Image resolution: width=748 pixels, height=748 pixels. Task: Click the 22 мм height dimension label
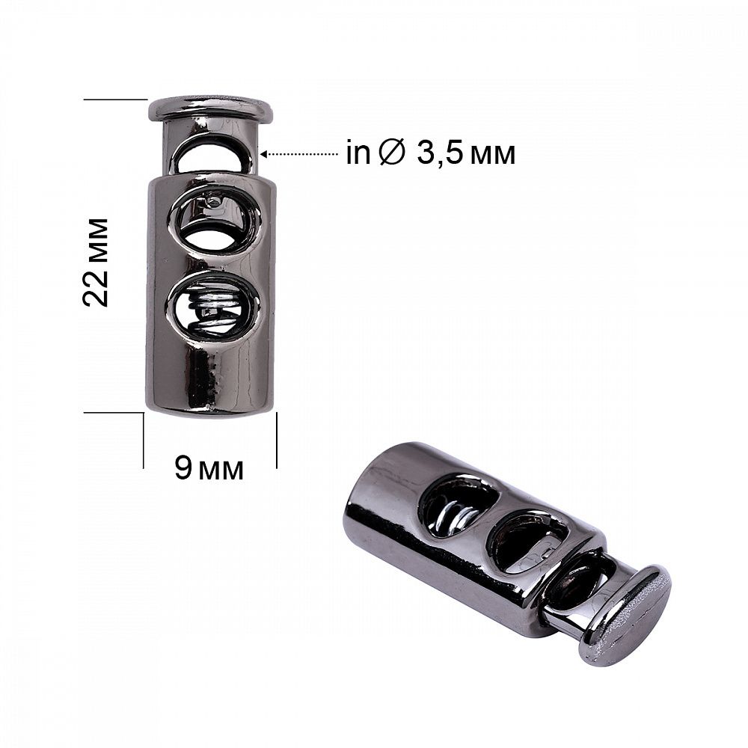[96, 263]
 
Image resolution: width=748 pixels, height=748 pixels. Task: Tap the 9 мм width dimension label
[209, 468]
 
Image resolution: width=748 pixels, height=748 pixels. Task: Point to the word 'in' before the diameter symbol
[358, 153]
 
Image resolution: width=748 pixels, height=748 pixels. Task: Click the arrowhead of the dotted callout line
[264, 154]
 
